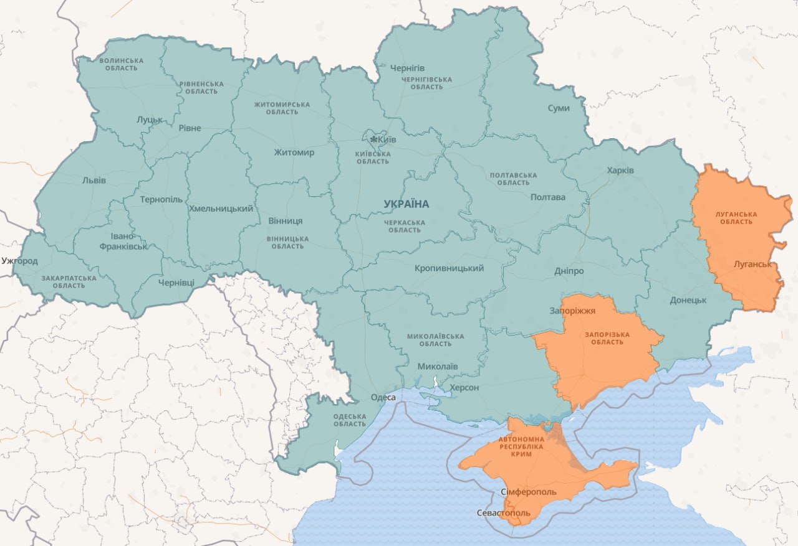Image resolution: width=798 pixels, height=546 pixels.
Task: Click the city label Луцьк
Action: click(150, 119)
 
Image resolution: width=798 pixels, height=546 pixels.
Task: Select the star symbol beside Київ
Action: click(373, 139)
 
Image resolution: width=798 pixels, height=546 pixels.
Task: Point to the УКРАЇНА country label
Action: click(406, 204)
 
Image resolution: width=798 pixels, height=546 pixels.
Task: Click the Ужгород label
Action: click(19, 260)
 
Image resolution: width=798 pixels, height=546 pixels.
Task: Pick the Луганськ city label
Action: click(752, 264)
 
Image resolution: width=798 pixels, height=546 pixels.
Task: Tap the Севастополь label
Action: click(503, 513)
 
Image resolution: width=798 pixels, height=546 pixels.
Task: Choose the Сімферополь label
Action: click(529, 492)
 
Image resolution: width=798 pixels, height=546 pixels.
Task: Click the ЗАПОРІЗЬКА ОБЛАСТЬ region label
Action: click(607, 338)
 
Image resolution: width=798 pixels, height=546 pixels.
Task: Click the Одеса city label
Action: click(383, 397)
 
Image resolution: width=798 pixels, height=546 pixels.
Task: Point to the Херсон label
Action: click(464, 387)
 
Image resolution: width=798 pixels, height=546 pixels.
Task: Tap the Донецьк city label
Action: click(688, 300)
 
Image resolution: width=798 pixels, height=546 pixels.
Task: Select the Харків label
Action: click(620, 170)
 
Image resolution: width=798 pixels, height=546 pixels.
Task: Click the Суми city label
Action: click(559, 108)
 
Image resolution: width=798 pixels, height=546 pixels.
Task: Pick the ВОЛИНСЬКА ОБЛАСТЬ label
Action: click(122, 64)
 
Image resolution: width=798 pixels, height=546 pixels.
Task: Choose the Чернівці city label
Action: click(176, 282)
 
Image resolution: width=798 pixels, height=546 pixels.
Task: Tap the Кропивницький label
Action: click(449, 268)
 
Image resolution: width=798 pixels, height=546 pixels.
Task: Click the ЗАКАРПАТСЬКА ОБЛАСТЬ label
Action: click(69, 281)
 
